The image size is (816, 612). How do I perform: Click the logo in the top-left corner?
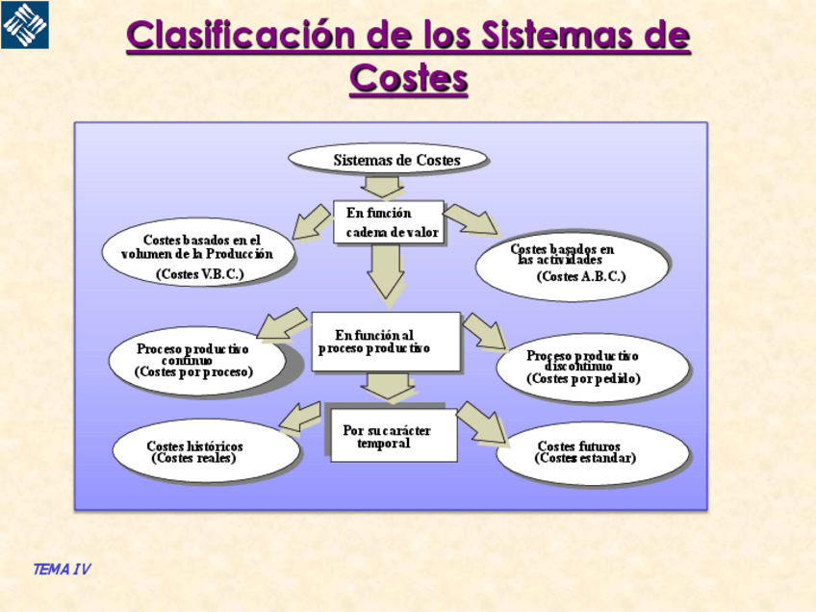click(25, 25)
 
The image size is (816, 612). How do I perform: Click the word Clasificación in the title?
click(242, 37)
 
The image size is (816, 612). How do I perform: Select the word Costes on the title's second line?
click(409, 78)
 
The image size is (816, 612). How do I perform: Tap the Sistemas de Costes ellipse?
click(389, 160)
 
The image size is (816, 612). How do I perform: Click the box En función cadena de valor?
click(389, 222)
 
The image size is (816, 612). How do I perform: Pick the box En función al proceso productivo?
click(385, 342)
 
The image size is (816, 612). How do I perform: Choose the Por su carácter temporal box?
click(393, 436)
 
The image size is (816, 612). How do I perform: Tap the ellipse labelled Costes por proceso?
click(196, 361)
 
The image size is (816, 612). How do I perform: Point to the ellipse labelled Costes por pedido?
click(592, 368)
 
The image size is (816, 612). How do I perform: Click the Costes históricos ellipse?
click(204, 451)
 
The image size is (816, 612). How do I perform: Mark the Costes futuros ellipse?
click(592, 453)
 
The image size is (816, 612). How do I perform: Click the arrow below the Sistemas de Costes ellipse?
click(383, 186)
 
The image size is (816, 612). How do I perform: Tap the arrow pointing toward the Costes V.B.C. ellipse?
click(312, 221)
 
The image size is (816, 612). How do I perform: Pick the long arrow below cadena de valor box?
click(386, 272)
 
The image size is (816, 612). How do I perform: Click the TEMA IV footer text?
click(62, 570)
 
